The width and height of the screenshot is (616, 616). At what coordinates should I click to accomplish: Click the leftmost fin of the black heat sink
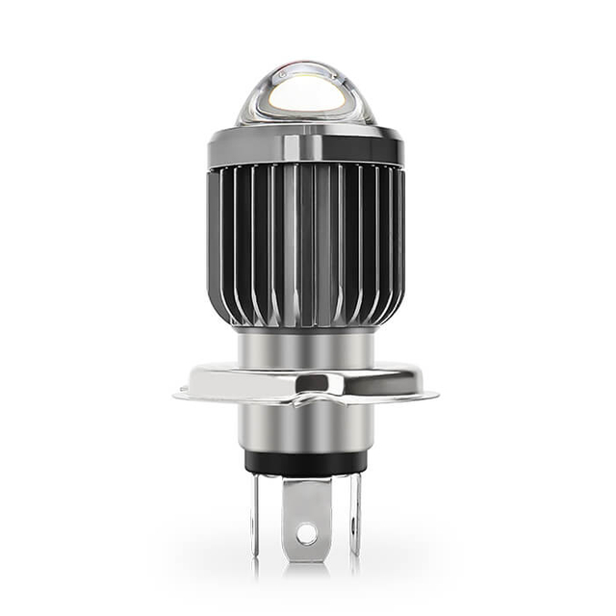(215, 241)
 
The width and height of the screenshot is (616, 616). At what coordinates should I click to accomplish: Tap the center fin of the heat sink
(305, 245)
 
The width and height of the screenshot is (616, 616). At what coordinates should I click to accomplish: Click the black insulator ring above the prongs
(305, 461)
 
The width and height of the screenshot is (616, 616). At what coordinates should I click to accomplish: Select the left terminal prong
(257, 515)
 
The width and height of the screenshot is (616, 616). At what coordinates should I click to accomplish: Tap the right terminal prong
(355, 515)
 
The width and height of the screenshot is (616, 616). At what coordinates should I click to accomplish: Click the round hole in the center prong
(306, 530)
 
